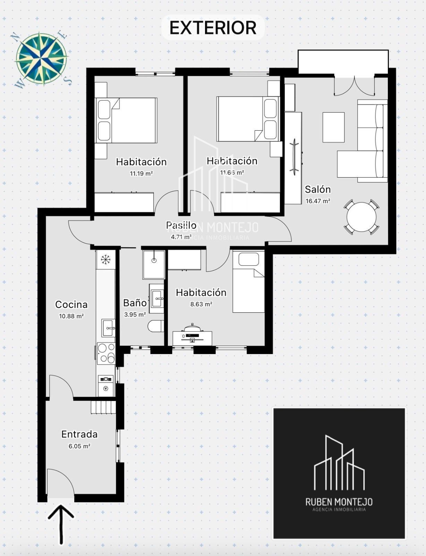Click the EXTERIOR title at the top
[x=213, y=28]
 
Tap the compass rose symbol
[x=41, y=58]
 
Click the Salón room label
[x=318, y=190]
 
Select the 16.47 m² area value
[x=318, y=201]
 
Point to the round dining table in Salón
[x=361, y=217]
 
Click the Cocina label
[x=71, y=304]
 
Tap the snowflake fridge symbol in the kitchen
[x=105, y=260]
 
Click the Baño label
[x=135, y=303]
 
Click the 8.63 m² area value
[x=201, y=304]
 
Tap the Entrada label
[x=79, y=434]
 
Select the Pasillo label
[x=181, y=225]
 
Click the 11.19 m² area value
[x=141, y=173]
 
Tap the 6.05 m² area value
[x=79, y=446]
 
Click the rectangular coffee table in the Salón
[x=333, y=127]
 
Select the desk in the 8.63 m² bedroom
[x=192, y=338]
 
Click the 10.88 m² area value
[x=71, y=316]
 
